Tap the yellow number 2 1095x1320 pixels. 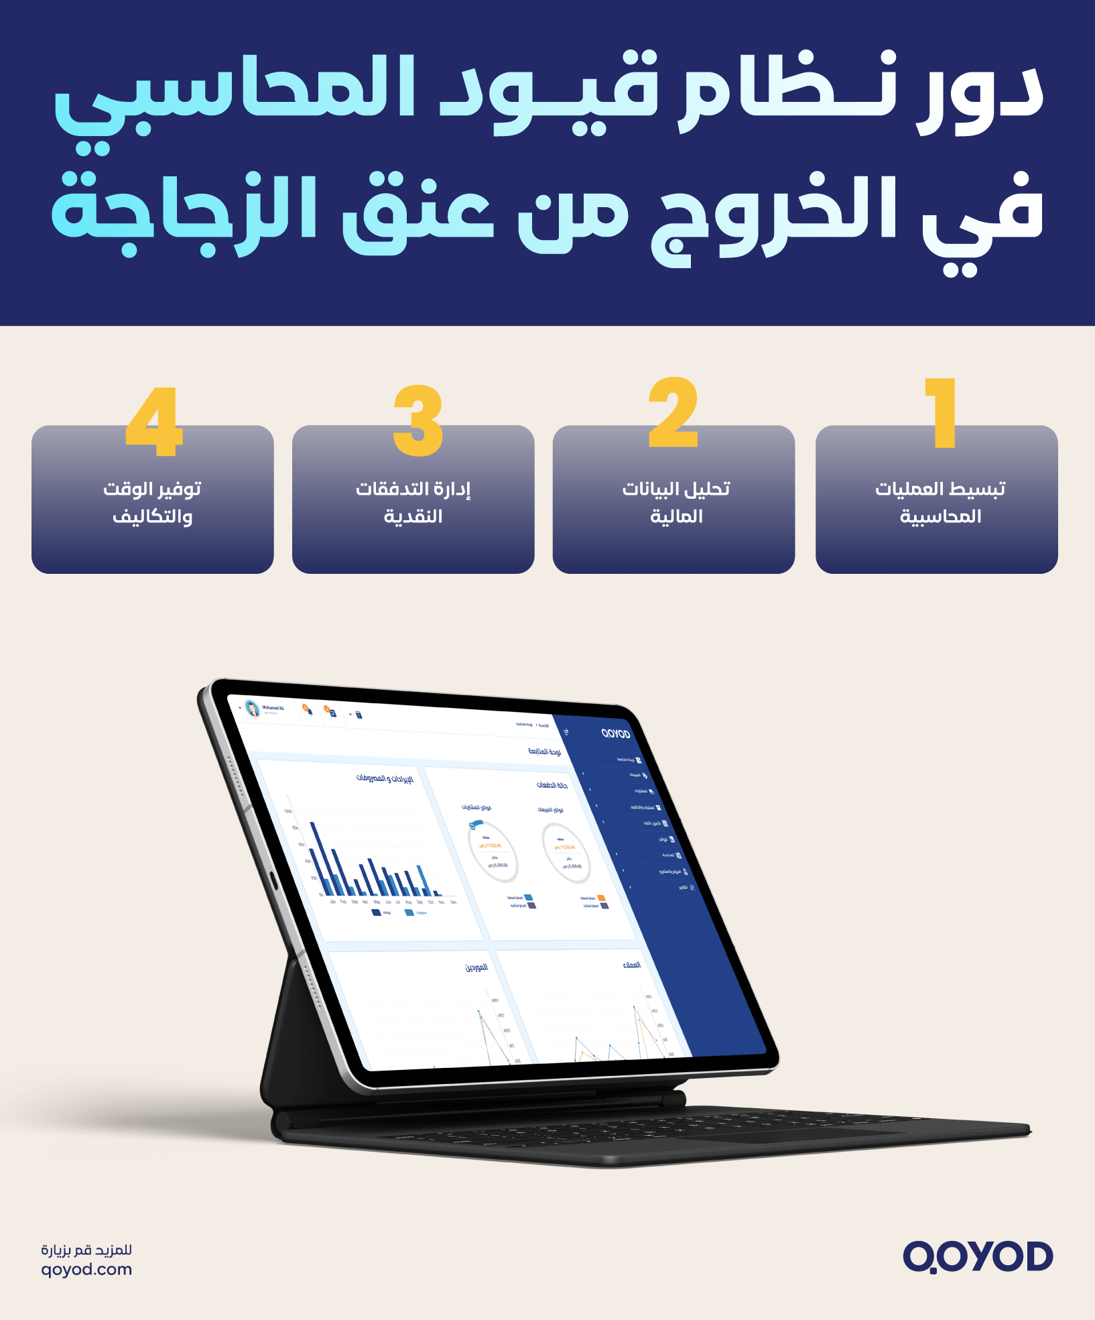673,413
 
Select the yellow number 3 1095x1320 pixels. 418,420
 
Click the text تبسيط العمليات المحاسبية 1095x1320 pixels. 940,502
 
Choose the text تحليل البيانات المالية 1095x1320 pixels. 675,502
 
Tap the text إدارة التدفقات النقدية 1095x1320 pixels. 413,502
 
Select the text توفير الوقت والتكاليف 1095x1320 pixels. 152,502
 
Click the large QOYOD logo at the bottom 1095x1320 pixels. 978,1256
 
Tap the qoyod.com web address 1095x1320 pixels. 86,1269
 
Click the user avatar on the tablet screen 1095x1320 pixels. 253,709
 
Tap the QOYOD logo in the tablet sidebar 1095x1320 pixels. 616,734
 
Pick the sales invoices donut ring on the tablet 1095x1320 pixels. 567,853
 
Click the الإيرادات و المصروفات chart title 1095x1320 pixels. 385,778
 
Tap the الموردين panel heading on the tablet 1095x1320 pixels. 476,967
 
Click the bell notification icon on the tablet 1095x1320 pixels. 308,711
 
